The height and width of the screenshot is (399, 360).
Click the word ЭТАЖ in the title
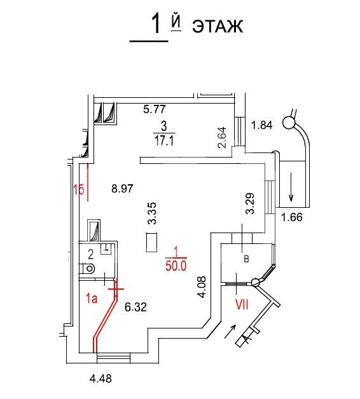(218, 26)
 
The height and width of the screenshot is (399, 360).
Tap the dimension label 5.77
(155, 109)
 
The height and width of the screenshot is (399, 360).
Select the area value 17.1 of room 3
(164, 140)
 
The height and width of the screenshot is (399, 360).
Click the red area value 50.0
(176, 266)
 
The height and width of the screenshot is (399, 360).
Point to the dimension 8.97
(122, 189)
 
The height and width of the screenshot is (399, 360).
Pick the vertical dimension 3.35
(152, 213)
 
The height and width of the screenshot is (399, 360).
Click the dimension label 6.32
(135, 307)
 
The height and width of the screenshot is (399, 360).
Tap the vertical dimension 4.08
(202, 287)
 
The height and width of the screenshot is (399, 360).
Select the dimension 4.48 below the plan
(100, 379)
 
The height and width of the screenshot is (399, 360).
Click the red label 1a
(92, 298)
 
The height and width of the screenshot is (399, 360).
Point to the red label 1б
(79, 189)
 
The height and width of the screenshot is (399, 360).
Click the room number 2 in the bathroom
(90, 254)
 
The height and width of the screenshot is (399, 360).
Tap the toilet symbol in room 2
(87, 269)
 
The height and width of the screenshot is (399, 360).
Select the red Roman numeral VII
(242, 304)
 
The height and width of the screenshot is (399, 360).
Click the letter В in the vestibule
(246, 259)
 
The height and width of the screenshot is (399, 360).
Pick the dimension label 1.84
(261, 125)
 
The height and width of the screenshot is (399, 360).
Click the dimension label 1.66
(292, 217)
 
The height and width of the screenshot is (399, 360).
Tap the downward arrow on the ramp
(291, 187)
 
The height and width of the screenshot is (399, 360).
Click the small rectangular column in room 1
(151, 243)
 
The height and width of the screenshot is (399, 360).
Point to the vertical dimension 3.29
(250, 203)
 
